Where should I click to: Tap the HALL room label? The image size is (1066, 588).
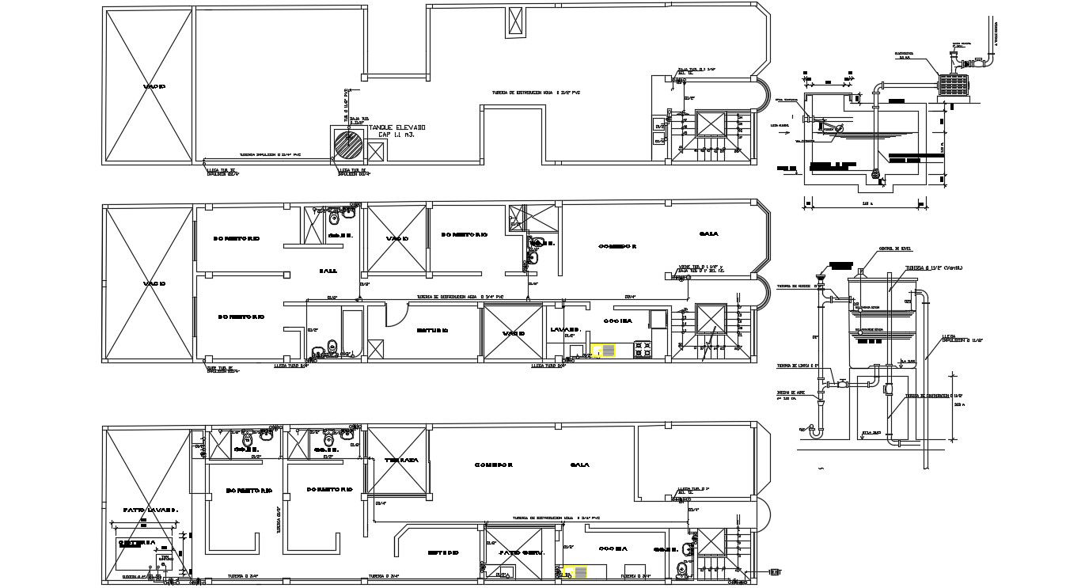click(x=328, y=271)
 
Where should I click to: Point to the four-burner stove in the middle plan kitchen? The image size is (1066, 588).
click(x=641, y=348)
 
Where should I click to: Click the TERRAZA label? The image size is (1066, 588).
click(x=401, y=461)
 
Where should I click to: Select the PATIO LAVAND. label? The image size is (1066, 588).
click(x=150, y=510)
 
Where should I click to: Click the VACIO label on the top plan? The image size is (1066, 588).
click(x=154, y=86)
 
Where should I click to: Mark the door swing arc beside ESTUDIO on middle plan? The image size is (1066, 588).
click(x=394, y=314)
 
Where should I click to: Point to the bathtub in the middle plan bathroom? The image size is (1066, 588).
click(x=351, y=332)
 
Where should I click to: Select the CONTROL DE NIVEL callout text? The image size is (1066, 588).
click(x=895, y=250)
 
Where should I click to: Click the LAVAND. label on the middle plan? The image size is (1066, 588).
click(x=565, y=329)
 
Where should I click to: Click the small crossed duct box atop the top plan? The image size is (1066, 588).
click(x=516, y=21)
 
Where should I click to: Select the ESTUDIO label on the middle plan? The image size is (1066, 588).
click(x=434, y=330)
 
